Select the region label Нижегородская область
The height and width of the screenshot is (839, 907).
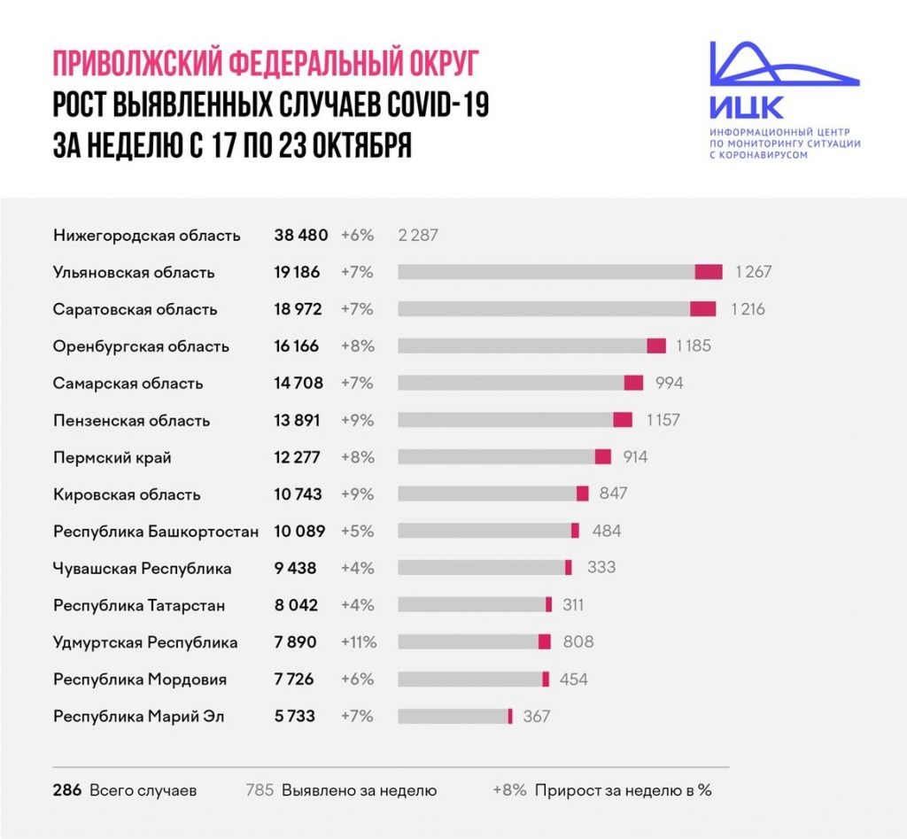click(146, 236)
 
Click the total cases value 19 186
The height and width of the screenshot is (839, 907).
click(297, 272)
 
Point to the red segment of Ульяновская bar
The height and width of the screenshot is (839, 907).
click(709, 272)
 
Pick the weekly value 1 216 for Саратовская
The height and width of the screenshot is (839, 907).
click(748, 309)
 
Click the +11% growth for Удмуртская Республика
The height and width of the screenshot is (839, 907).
click(359, 641)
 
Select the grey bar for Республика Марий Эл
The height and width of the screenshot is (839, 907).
click(452, 716)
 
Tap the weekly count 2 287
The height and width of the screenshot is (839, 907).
click(418, 236)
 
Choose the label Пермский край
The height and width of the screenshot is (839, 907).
click(112, 458)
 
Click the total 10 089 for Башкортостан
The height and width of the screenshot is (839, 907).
click(299, 532)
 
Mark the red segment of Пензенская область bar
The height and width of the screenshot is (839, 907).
click(623, 420)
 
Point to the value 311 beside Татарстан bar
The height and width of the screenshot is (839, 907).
click(573, 605)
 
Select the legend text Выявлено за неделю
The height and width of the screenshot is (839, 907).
click(359, 789)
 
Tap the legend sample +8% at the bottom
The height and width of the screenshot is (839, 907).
click(510, 789)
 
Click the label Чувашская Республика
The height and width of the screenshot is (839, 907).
click(142, 569)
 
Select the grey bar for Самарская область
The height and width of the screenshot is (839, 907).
click(510, 383)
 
